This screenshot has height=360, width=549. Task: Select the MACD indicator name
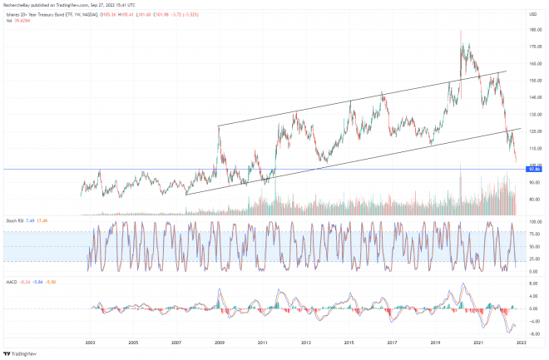pyautogui.click(x=12, y=281)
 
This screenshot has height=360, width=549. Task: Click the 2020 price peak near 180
pyautogui.click(x=460, y=31)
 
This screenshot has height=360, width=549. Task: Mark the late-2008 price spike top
pyautogui.click(x=218, y=126)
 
